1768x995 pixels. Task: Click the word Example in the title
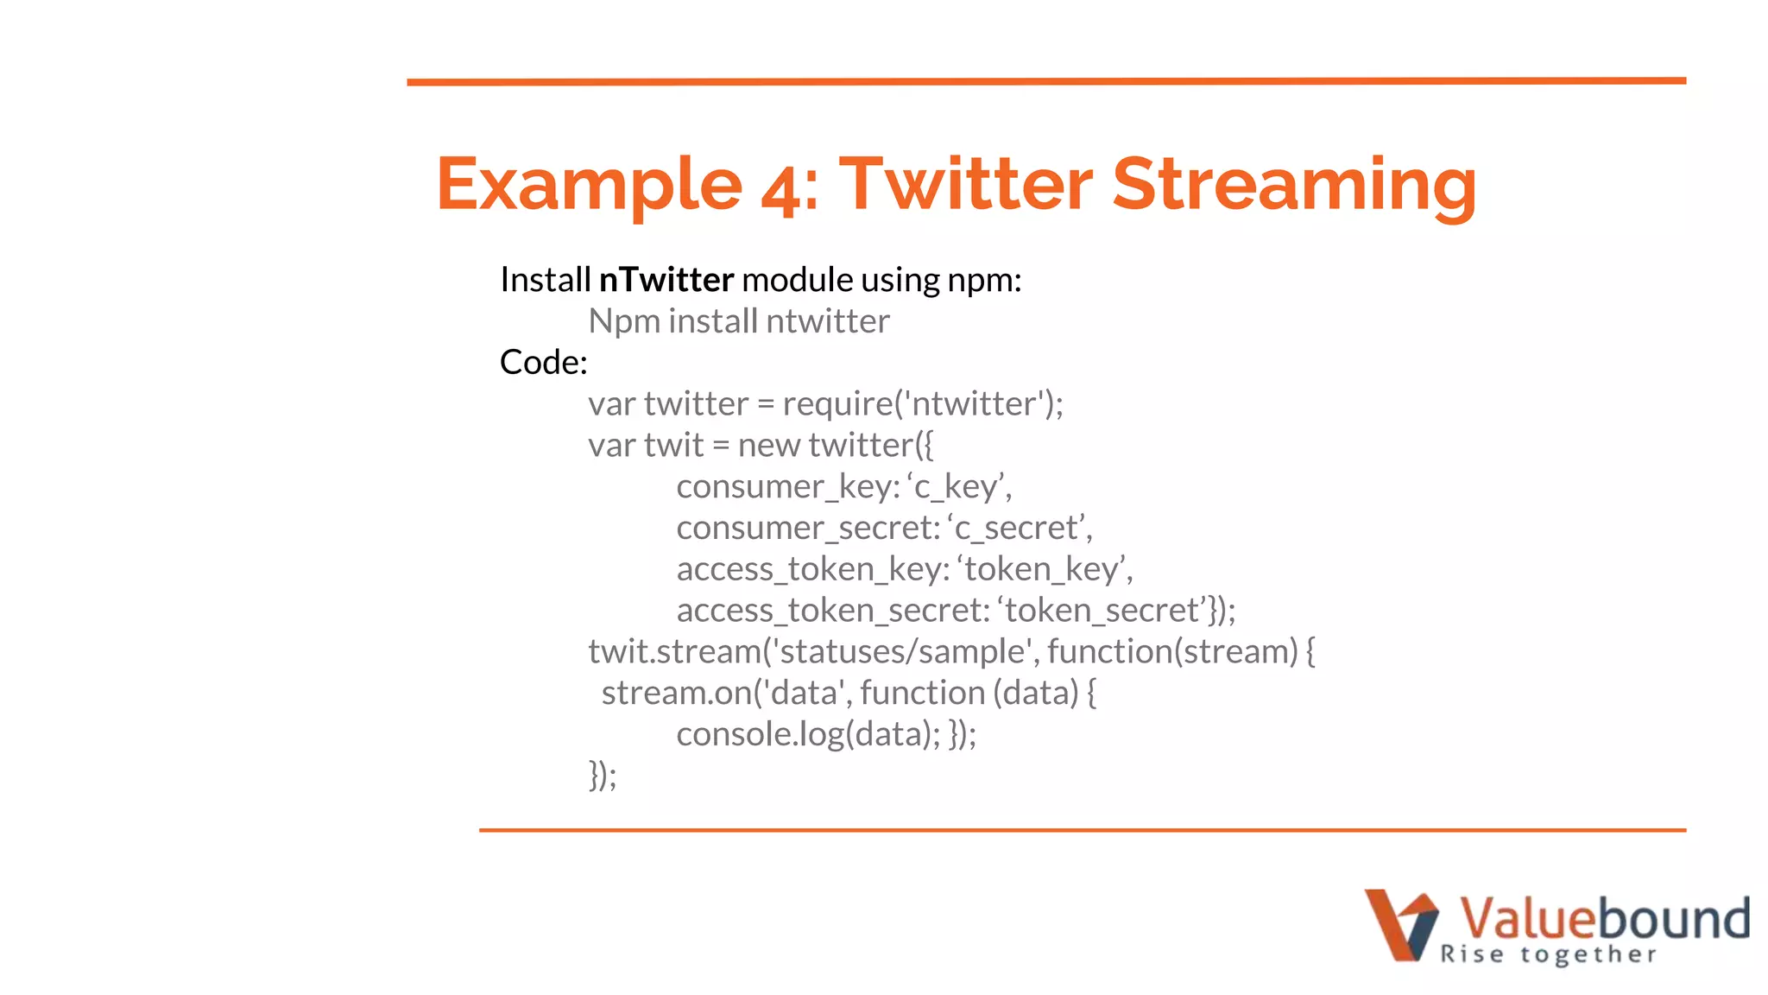tap(589, 184)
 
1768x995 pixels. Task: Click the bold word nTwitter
tap(666, 280)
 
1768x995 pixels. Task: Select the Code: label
tap(543, 362)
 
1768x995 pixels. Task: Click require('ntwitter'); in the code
tap(922, 403)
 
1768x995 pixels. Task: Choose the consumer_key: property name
tap(787, 487)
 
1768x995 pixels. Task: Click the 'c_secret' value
tap(1019, 528)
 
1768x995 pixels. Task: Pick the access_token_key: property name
tap(812, 569)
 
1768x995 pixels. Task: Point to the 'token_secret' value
tap(1105, 611)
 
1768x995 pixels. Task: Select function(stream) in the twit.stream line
tap(1172, 652)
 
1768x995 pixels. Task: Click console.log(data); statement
tap(808, 735)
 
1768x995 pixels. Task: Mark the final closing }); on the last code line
tap(603, 775)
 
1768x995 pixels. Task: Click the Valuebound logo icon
tap(1400, 924)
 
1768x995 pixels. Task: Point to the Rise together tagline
tap(1549, 954)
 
